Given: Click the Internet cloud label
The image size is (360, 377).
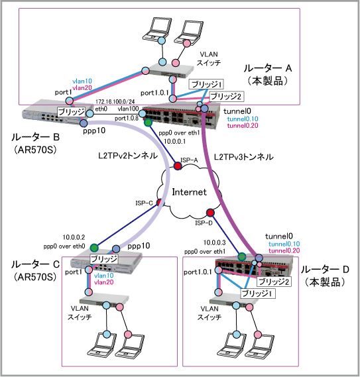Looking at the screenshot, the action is [189, 192].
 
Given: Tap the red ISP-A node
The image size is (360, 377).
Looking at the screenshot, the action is [178, 166].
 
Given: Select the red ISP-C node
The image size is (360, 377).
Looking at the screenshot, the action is [160, 203].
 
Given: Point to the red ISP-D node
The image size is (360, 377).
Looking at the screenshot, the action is [210, 213].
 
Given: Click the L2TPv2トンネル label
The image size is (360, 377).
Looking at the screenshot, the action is [128, 156].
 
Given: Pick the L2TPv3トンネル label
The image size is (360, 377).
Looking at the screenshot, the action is [243, 157].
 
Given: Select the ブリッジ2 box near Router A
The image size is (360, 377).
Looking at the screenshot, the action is [225, 97].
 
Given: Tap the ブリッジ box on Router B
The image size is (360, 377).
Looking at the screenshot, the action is [71, 112].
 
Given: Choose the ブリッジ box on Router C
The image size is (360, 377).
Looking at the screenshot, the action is [104, 258].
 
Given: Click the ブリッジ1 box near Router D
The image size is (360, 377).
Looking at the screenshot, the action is [258, 294].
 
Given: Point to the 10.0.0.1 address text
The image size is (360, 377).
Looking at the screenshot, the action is [174, 141].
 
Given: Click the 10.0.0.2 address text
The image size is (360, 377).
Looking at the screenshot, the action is [74, 237].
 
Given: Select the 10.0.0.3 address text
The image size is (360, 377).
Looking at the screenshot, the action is [215, 242].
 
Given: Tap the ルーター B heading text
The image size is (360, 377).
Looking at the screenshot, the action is [35, 137].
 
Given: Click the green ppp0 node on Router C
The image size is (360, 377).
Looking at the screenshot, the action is [94, 247].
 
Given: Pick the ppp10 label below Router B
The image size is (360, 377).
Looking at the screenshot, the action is [94, 131].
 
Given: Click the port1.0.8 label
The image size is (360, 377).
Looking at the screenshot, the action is [127, 119].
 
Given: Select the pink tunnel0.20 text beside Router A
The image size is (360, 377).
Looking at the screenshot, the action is [243, 125].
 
